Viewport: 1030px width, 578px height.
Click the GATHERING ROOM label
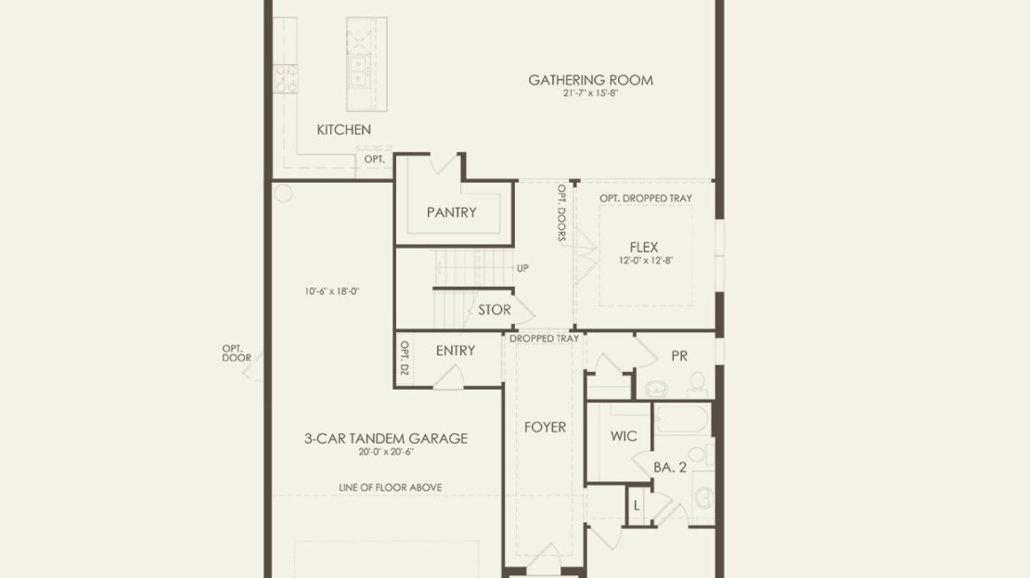590,80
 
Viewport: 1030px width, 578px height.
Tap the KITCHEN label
343,130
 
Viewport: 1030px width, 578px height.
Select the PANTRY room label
451,212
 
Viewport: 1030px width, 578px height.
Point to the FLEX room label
644,247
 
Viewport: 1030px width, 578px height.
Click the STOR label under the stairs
494,309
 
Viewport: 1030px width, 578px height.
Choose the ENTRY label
456,351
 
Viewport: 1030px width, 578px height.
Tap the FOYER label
546,428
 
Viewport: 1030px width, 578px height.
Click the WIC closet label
624,436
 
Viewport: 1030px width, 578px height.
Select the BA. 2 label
670,468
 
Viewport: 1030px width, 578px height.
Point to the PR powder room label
679,356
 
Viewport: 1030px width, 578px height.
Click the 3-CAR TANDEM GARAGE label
386,438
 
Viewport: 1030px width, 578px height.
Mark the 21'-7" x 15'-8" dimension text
590,94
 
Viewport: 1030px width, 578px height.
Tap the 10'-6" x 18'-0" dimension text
331,291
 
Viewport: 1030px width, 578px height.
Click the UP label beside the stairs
522,268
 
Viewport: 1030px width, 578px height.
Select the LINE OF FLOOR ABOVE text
390,487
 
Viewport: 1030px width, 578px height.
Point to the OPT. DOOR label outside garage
237,353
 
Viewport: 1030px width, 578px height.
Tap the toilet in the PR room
697,382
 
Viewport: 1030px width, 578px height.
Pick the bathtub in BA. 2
683,419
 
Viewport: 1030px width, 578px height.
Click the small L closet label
636,506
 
